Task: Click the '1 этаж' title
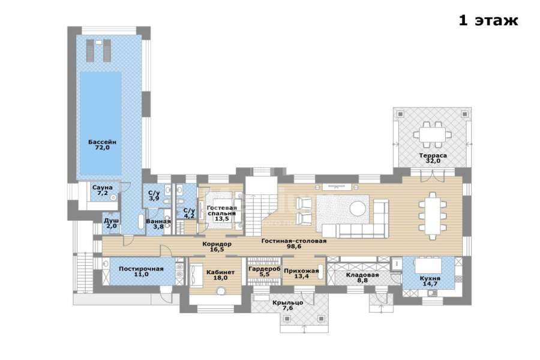coord(488,20)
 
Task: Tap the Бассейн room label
coord(102,142)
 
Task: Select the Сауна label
coord(102,188)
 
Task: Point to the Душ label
coord(112,220)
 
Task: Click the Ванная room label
coord(158,221)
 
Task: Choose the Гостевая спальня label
coord(222,211)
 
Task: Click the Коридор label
coord(217,244)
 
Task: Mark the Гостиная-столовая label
coord(294,241)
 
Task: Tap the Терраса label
coord(433,155)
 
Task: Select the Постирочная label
coord(141,269)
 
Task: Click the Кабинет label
coord(220,272)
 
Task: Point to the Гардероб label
coord(265,269)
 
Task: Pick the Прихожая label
coord(301,271)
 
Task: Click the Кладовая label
coord(362,275)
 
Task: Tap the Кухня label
coord(430,278)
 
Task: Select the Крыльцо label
coord(287,303)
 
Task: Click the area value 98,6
coord(294,247)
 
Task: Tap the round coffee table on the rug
coord(358,209)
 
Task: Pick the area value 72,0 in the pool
coord(102,148)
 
